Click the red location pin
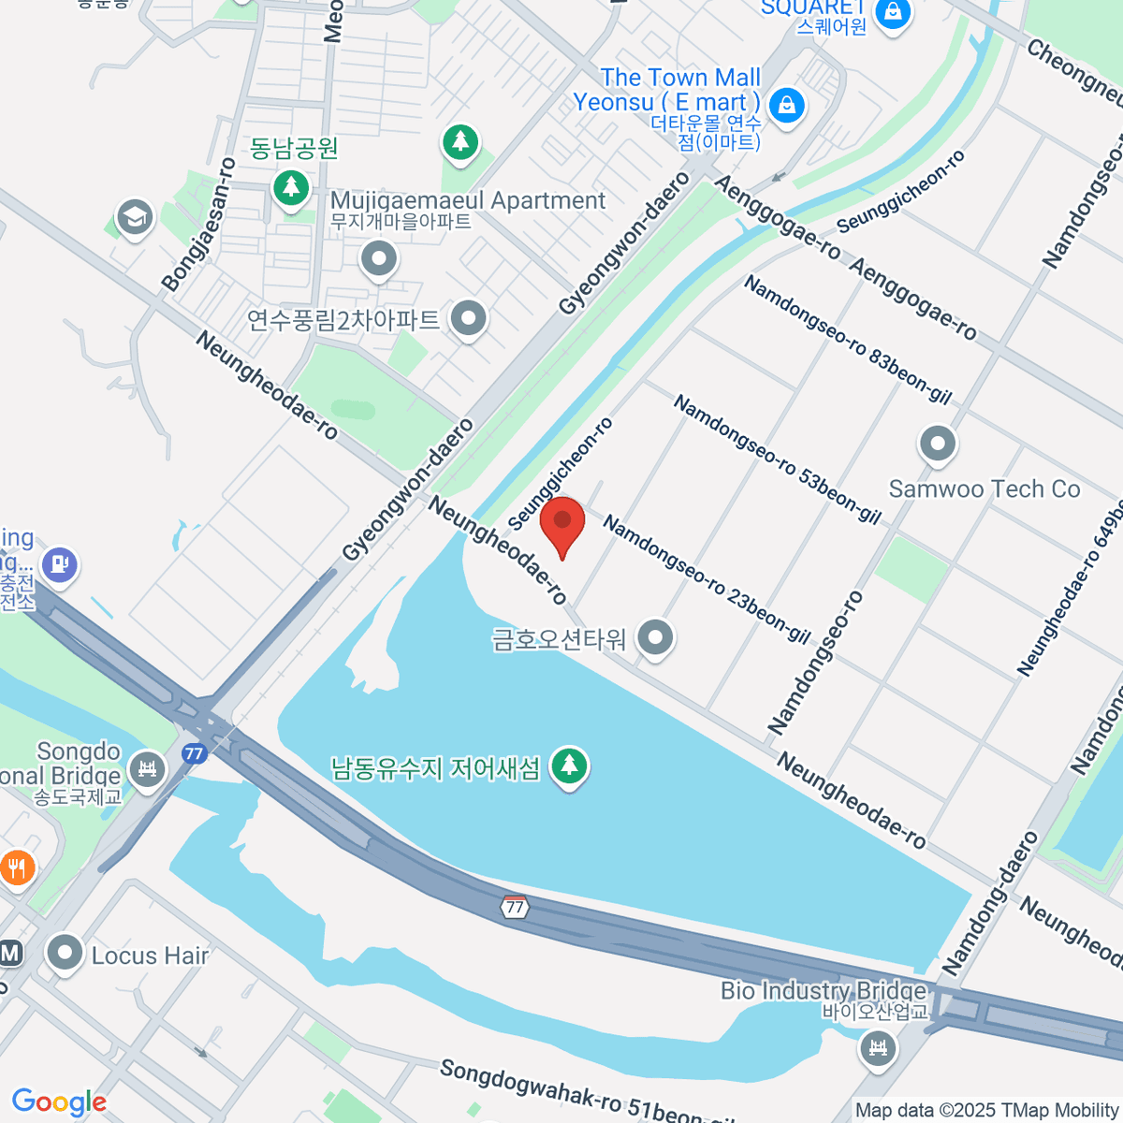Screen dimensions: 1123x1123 click(562, 524)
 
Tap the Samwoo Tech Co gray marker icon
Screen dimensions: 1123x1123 click(937, 445)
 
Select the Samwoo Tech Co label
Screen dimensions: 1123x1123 click(984, 489)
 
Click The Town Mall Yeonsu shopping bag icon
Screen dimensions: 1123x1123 click(788, 104)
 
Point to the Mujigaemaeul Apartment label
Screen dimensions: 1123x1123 click(468, 200)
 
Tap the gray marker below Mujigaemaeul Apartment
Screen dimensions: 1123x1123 click(379, 259)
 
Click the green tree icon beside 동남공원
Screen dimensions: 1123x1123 click(291, 187)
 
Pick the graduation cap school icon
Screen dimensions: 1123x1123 click(135, 218)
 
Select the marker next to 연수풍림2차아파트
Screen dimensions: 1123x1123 click(468, 319)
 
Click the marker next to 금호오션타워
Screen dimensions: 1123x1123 click(655, 638)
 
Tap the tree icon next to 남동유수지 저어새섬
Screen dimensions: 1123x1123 click(568, 766)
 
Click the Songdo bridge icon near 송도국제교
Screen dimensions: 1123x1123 click(147, 770)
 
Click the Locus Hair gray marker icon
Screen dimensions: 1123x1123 click(65, 954)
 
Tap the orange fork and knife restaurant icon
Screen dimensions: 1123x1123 click(16, 868)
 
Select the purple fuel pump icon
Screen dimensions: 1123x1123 click(60, 564)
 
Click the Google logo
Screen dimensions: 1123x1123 click(59, 1101)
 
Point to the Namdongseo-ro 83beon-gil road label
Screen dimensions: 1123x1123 click(847, 340)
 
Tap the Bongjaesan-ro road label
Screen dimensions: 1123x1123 click(197, 226)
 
